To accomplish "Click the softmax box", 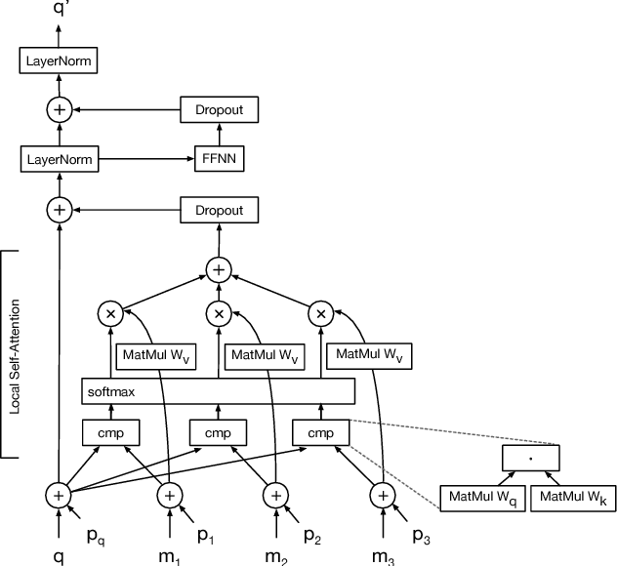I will [218, 391].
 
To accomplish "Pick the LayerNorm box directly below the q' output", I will [60, 63].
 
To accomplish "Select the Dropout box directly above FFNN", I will [218, 109].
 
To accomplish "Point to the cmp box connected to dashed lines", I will [321, 431].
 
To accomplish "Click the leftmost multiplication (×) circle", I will [110, 313].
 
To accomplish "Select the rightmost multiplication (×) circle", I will [321, 313].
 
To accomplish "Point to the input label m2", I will [278, 554].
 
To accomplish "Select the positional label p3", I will [421, 536].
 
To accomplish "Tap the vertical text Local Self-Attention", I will [15, 355].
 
